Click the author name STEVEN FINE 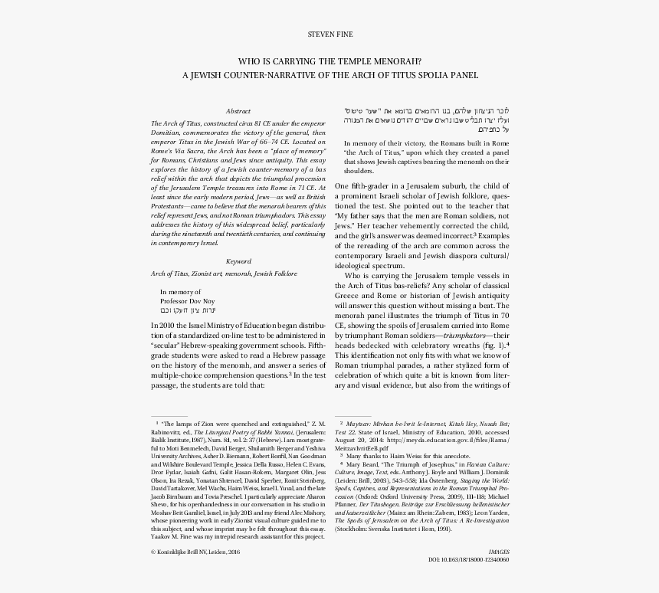tap(329, 35)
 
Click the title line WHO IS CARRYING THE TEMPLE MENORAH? tap(329, 61)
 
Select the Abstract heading tap(238, 111)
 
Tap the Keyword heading tap(238, 261)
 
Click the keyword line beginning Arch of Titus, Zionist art tap(224, 274)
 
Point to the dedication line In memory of tap(180, 292)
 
